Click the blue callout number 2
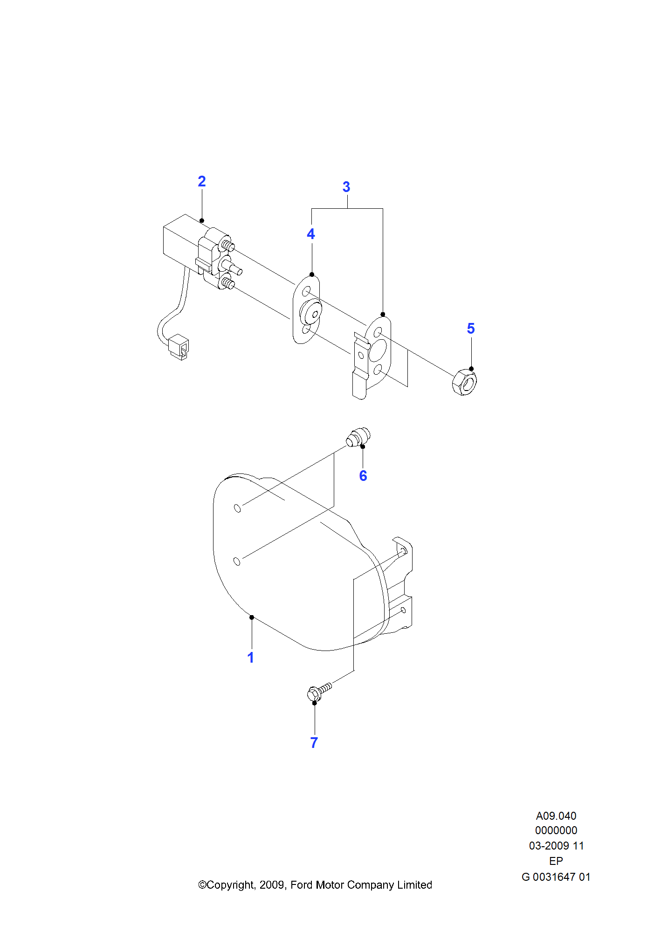[x=202, y=181]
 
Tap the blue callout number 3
[x=346, y=187]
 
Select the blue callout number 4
[x=311, y=234]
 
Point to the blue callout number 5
[x=471, y=329]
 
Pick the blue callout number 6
[x=363, y=476]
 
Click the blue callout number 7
[x=314, y=743]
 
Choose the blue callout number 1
[x=251, y=658]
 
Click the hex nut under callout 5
[x=464, y=383]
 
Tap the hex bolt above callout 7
[x=317, y=692]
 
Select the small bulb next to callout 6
[x=358, y=437]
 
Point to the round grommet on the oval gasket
[x=310, y=312]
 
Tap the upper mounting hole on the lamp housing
[x=237, y=508]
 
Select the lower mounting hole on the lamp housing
[x=237, y=561]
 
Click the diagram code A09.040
[x=556, y=816]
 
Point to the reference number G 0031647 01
[x=556, y=877]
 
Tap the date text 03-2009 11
[x=556, y=846]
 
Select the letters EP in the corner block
[x=556, y=861]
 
